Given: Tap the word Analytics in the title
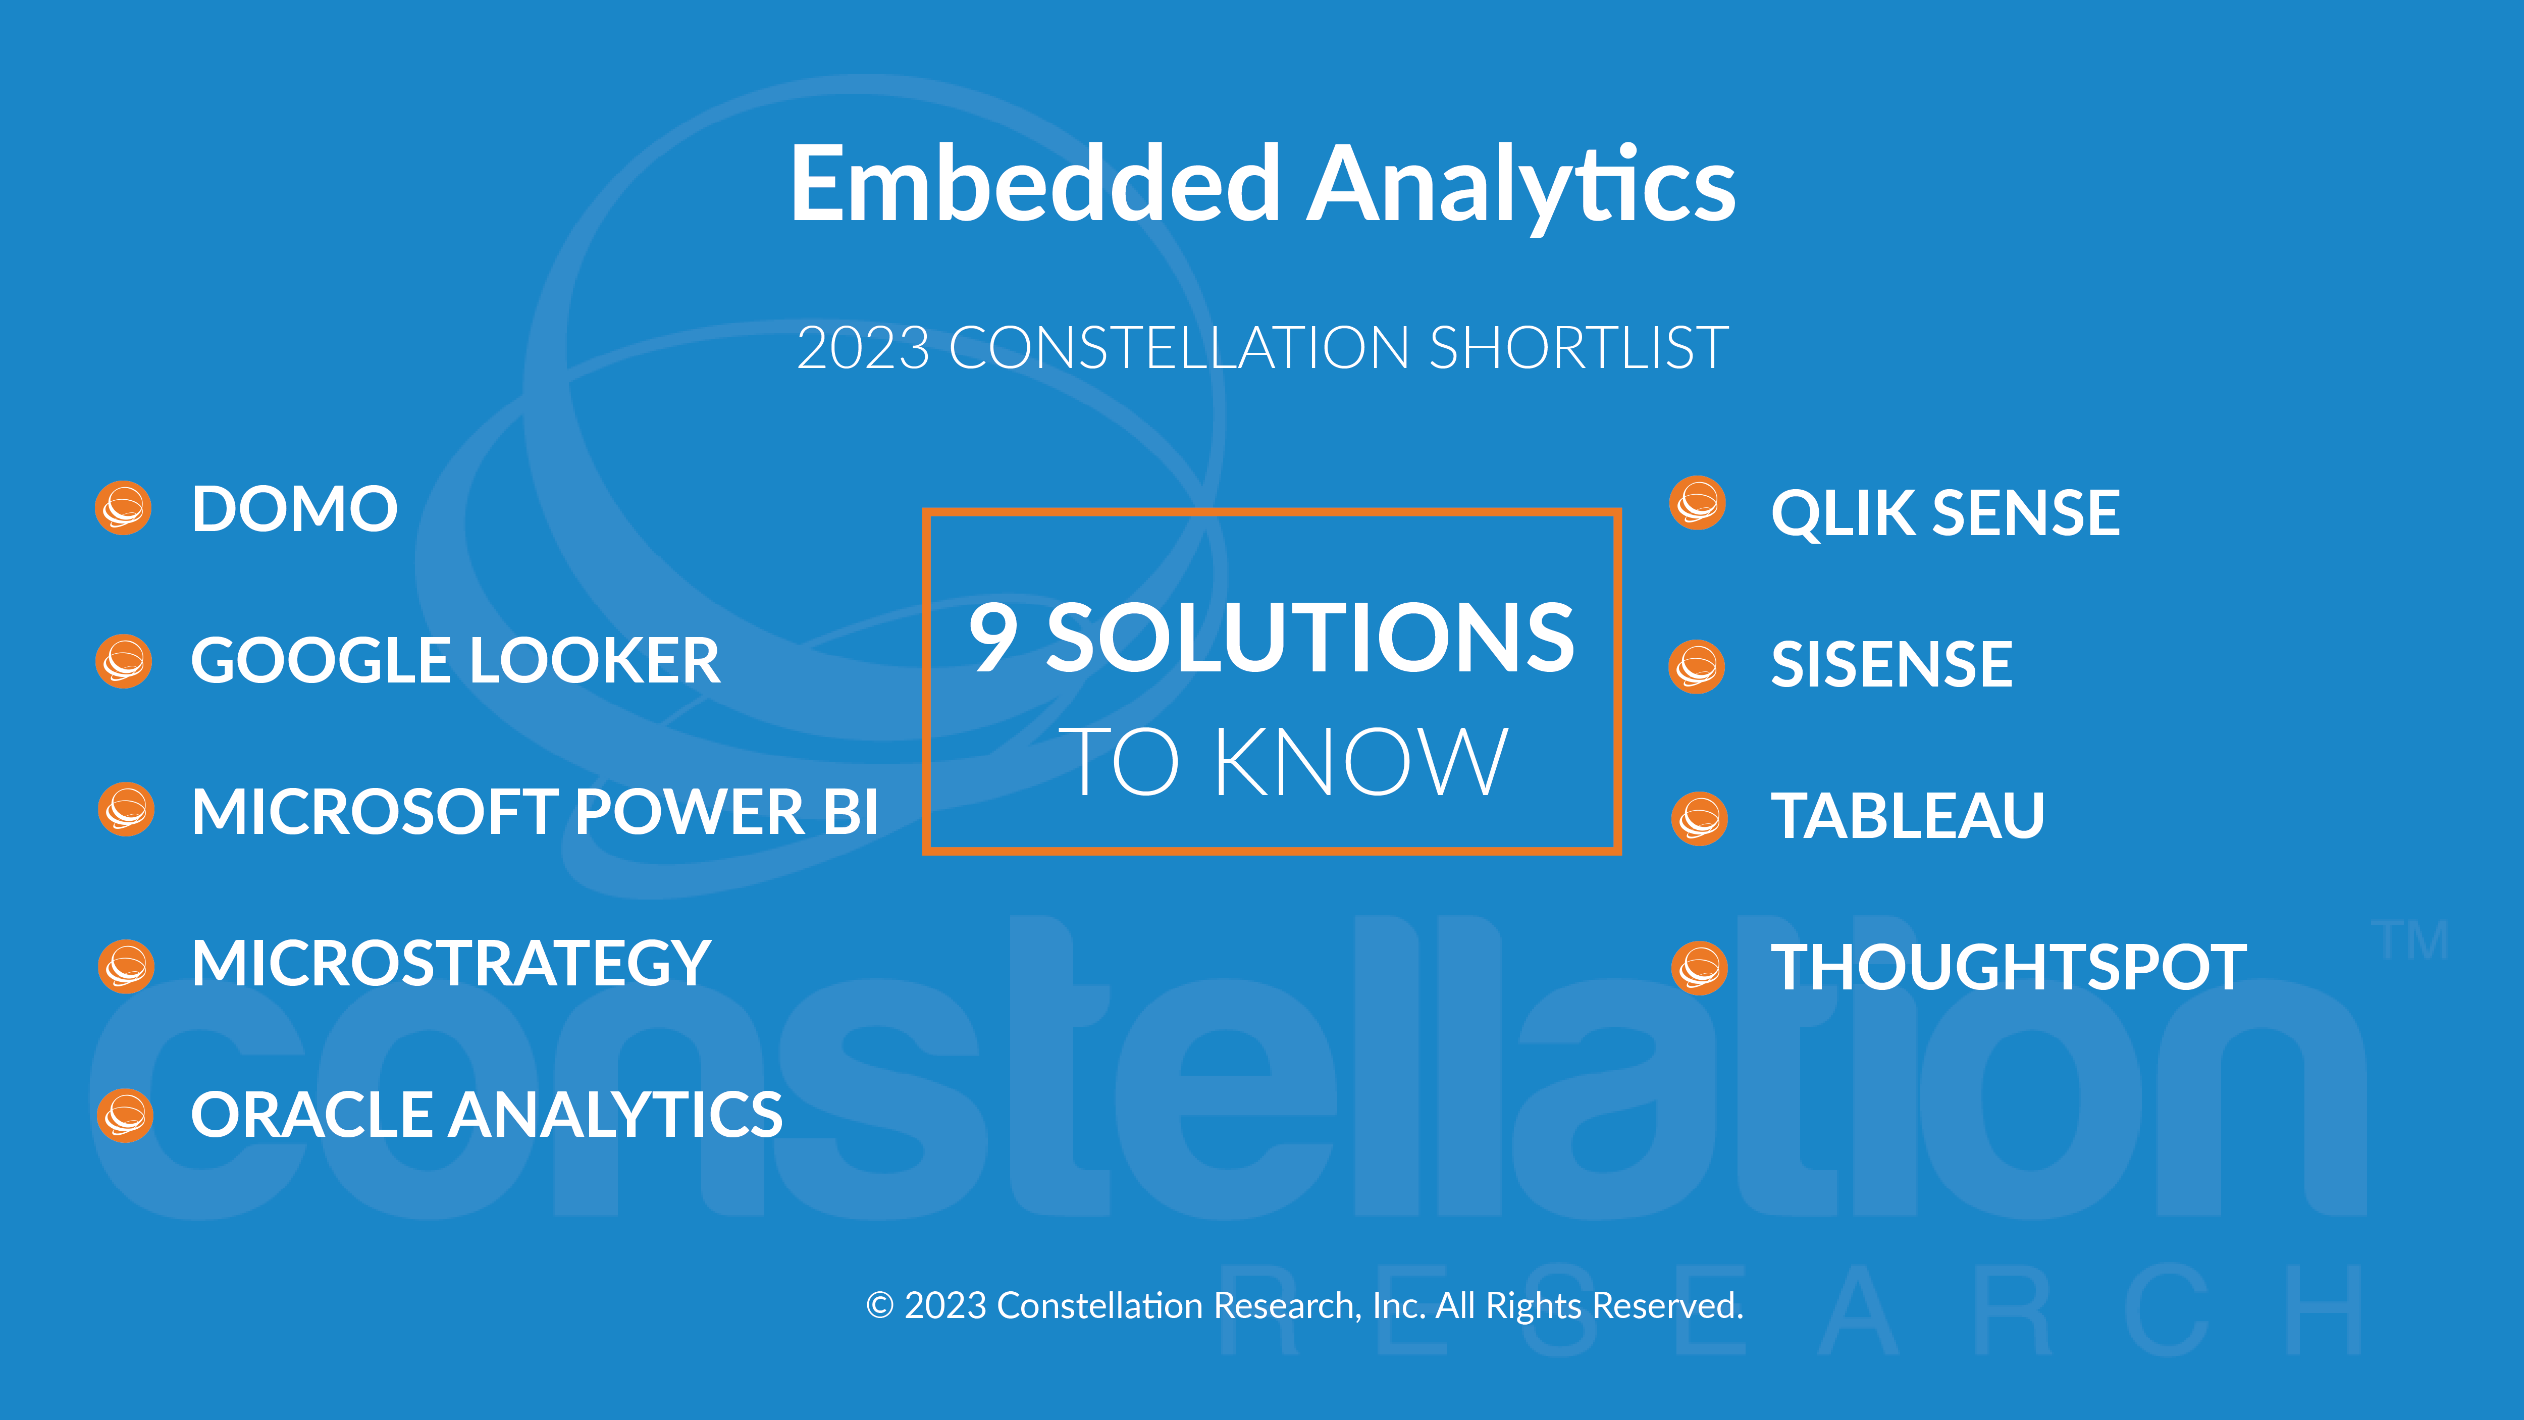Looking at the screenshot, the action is pos(1521,186).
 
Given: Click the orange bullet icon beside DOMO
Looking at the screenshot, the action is pos(124,508).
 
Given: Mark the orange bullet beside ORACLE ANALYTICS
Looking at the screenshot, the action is pos(125,1115).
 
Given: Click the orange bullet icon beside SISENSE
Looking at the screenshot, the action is pos(1697,666).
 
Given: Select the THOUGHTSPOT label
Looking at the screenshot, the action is pos(2009,967).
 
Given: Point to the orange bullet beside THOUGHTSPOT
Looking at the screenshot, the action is pos(1699,968).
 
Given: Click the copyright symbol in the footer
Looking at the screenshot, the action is pos(880,1305).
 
